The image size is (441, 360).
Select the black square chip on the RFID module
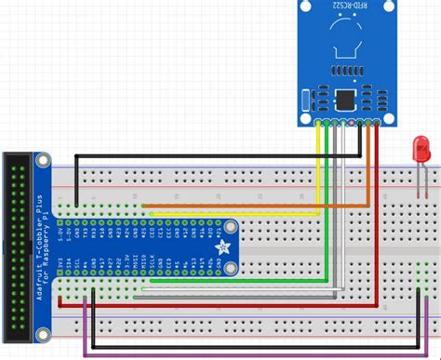[345, 98]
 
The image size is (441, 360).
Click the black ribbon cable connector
[18, 247]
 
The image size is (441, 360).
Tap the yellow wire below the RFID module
[319, 158]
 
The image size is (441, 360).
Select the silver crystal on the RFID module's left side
[305, 99]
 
